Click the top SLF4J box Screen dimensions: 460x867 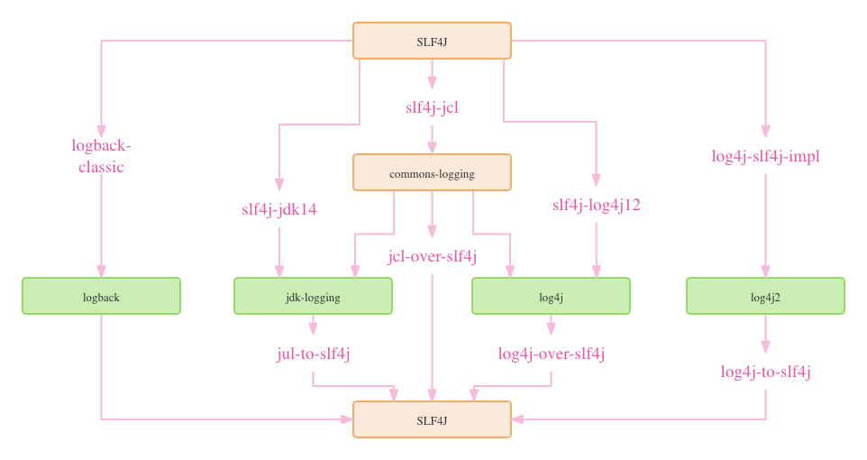click(432, 41)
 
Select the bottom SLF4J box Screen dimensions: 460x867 click(432, 419)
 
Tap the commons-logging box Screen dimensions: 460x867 click(432, 172)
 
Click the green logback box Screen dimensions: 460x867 click(101, 296)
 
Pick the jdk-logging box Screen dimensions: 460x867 click(313, 296)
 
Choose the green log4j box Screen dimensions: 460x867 click(551, 296)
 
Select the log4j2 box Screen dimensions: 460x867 click(765, 296)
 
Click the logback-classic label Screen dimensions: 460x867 click(101, 156)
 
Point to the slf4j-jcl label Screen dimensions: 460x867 click(432, 107)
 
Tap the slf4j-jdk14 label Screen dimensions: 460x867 click(279, 209)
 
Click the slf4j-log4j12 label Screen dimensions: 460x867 click(596, 205)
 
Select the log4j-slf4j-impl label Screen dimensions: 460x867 click(765, 156)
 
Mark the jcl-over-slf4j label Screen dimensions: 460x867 click(432, 257)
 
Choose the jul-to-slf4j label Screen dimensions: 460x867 click(313, 354)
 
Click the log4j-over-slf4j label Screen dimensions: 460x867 click(551, 354)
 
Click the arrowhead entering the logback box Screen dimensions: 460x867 click(101, 271)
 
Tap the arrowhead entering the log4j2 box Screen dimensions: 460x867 click(765, 271)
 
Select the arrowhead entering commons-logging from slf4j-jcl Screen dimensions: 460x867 click(432, 148)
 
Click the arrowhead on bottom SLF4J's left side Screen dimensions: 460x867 click(347, 419)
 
